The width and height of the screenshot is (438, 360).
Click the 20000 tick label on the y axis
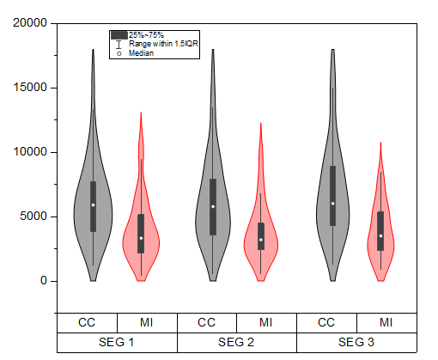[31, 23]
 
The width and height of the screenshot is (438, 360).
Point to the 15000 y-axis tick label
[31, 88]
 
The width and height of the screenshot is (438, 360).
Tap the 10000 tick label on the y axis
[31, 152]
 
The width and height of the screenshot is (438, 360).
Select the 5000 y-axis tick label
[33, 217]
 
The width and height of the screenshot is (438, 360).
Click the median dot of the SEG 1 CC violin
[94, 204]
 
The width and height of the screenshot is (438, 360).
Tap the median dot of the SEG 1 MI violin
[141, 238]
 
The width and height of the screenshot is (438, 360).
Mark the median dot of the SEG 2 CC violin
[213, 206]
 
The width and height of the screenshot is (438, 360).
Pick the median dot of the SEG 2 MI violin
[261, 240]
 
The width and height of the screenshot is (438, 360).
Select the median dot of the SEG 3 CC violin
[333, 204]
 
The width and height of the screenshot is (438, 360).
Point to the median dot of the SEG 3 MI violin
[381, 236]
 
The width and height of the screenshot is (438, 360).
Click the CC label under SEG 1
[87, 322]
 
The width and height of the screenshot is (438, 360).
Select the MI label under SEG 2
[267, 322]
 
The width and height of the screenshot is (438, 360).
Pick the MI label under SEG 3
[387, 322]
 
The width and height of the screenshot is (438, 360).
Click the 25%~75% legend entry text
[146, 34]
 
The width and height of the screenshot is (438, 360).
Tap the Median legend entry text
[142, 53]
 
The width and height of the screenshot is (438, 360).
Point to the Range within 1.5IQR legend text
[163, 44]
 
